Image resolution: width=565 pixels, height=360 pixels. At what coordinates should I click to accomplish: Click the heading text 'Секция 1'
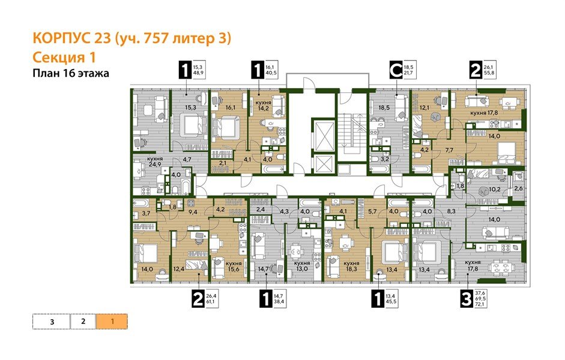click(63, 57)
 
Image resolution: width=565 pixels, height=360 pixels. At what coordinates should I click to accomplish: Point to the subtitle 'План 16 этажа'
click(72, 74)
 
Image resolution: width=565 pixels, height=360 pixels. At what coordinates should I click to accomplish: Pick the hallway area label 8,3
click(453, 211)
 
